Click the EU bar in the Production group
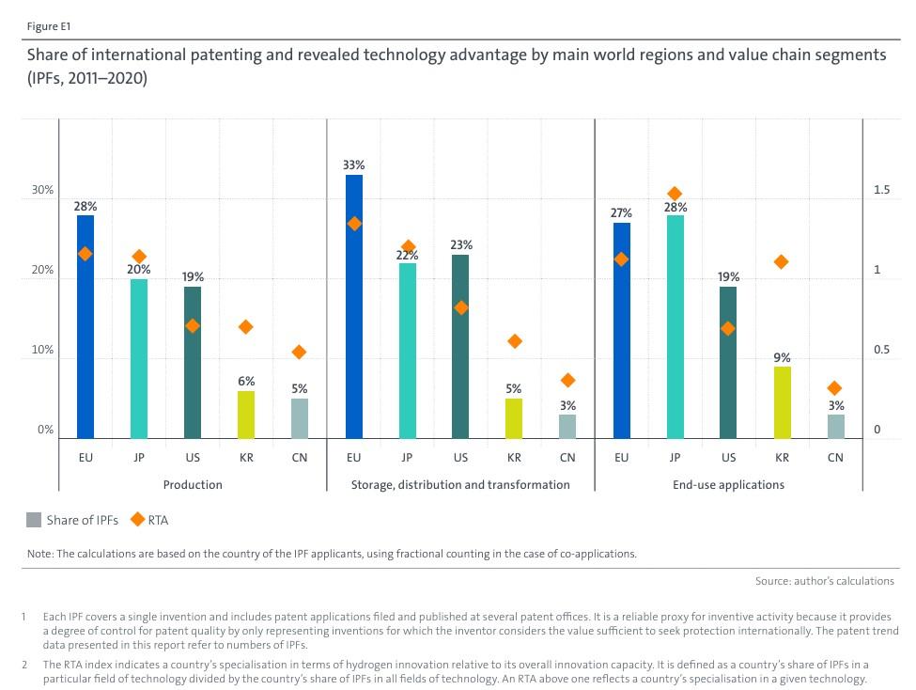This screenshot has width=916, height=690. (x=85, y=327)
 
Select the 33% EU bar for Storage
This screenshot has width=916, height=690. (x=354, y=306)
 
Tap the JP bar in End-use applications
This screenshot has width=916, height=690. (x=675, y=327)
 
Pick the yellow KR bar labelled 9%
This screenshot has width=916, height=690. (x=782, y=402)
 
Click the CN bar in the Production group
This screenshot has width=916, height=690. (x=300, y=418)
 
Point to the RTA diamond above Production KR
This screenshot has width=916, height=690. (x=246, y=326)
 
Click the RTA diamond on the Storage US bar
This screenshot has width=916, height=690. (x=460, y=307)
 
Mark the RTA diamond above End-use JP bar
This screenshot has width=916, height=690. (x=675, y=194)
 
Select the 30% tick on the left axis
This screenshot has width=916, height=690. (x=43, y=190)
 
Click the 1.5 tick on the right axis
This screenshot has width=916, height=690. (x=881, y=190)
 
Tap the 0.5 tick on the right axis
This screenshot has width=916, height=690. (x=881, y=351)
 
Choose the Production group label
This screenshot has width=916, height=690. (x=193, y=485)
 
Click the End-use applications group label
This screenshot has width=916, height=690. (x=728, y=485)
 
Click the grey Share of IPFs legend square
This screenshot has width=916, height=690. (x=35, y=519)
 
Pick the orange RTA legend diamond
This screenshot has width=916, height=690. (x=137, y=519)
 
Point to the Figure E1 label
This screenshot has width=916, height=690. (x=48, y=25)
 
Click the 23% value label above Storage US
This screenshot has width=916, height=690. (x=460, y=245)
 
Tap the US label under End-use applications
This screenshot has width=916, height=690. (x=728, y=458)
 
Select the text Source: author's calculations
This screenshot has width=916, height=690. (x=824, y=581)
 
